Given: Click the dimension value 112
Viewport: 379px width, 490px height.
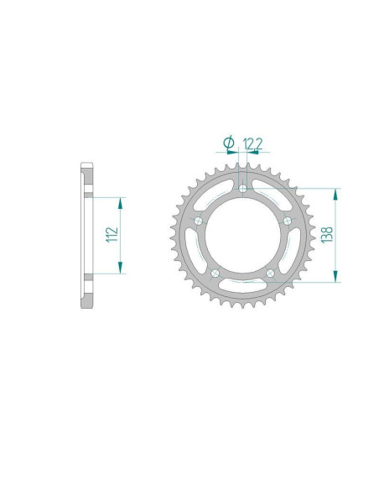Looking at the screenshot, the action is [x=112, y=234].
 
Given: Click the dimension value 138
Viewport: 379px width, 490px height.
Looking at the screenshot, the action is [x=327, y=235].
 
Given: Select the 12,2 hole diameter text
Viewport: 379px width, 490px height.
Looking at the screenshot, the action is [x=252, y=143].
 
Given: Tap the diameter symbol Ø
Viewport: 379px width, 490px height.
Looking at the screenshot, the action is [x=229, y=143].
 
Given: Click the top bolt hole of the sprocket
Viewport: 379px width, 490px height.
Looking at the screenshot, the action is [x=242, y=188].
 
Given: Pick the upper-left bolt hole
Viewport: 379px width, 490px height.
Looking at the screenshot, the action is [x=198, y=222].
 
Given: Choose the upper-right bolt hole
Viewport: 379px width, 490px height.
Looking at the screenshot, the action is [x=288, y=221].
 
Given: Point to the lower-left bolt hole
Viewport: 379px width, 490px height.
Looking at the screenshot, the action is [x=215, y=274].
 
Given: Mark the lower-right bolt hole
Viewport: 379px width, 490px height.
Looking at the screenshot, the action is [x=270, y=274].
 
